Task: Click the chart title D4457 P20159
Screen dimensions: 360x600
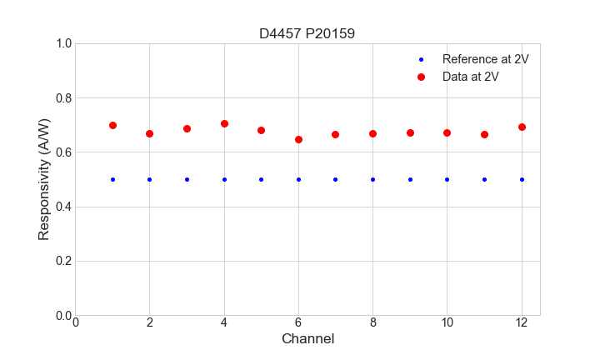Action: click(x=307, y=33)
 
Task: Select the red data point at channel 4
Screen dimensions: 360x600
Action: click(x=224, y=123)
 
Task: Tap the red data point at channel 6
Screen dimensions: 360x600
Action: click(x=298, y=139)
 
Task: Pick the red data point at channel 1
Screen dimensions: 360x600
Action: click(x=112, y=125)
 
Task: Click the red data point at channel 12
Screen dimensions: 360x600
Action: click(x=522, y=127)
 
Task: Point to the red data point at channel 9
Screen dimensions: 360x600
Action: click(x=410, y=132)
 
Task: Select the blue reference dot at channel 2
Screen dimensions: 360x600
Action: click(x=150, y=179)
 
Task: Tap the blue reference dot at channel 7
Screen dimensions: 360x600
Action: click(x=336, y=179)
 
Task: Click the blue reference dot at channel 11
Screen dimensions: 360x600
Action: click(x=484, y=179)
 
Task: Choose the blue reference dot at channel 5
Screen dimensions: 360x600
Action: click(x=261, y=179)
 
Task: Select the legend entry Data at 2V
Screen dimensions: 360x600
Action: click(x=470, y=76)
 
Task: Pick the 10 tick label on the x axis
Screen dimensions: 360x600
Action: click(x=447, y=322)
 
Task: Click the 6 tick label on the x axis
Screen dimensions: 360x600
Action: click(x=298, y=322)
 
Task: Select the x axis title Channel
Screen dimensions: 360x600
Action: click(x=307, y=339)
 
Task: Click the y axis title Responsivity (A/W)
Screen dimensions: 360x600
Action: click(x=44, y=179)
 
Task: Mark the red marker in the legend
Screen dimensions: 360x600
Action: click(x=421, y=76)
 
